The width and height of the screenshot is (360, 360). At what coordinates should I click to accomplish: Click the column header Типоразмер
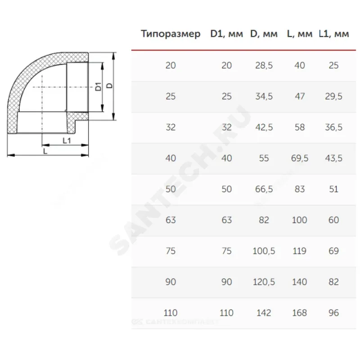pos(171,34)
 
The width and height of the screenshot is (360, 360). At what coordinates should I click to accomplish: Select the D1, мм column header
pos(227,34)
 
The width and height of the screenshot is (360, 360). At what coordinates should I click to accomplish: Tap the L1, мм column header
pos(334,34)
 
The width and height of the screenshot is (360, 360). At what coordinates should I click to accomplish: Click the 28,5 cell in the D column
pos(264,65)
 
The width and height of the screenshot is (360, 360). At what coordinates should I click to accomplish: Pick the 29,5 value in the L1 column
pos(333,96)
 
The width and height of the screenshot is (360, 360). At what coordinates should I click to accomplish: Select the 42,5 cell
pos(264,127)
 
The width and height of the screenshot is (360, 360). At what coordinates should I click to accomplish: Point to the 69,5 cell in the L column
pos(300,158)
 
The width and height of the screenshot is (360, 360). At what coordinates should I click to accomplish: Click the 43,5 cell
pos(333,158)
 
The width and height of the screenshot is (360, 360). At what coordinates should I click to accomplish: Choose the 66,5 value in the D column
pos(264,189)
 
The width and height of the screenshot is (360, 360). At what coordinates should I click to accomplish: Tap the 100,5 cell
pos(264,251)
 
